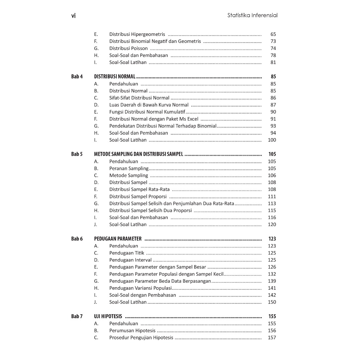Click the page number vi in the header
73,15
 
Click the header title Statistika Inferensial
252,15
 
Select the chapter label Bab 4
77,77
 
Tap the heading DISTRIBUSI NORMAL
115,77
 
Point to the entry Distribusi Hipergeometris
137,34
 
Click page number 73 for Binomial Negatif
273,41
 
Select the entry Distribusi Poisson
128,49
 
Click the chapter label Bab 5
77,154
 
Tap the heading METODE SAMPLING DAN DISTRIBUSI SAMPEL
139,154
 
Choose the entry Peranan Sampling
129,168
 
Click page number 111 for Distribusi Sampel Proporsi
272,197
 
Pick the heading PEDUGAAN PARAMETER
118,239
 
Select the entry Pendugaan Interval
130,260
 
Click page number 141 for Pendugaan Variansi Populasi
272,288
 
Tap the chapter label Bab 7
77,316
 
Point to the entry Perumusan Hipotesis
132,330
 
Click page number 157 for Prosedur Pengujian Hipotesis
272,337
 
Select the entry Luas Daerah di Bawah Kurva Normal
149,105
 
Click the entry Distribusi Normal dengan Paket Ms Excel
154,119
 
